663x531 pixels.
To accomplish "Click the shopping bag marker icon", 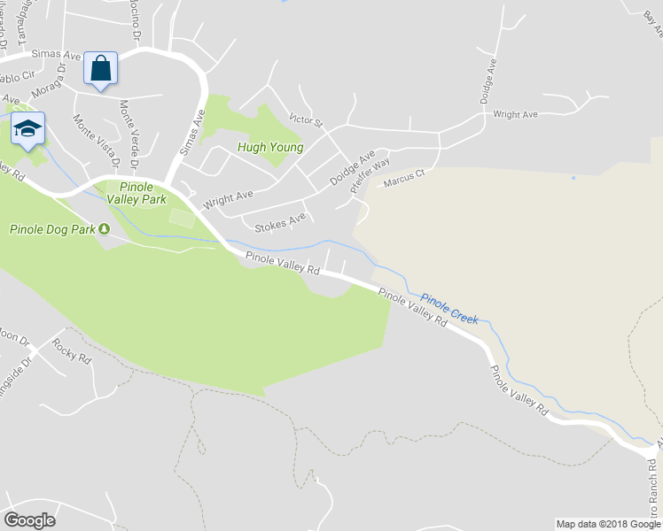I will [100, 68].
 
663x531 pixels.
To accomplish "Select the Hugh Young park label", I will [269, 148].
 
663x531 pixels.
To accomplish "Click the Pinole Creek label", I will [449, 309].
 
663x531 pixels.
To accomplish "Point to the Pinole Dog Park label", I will [52, 229].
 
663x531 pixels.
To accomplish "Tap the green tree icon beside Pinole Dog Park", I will [105, 229].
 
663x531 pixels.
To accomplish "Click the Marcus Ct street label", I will [404, 178].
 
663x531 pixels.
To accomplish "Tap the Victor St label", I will [307, 118].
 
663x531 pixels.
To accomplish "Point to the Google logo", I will [29, 519].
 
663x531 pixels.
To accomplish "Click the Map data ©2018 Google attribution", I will [607, 524].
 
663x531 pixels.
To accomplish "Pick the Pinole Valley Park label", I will [136, 193].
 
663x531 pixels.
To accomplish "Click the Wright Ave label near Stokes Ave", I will [228, 198].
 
